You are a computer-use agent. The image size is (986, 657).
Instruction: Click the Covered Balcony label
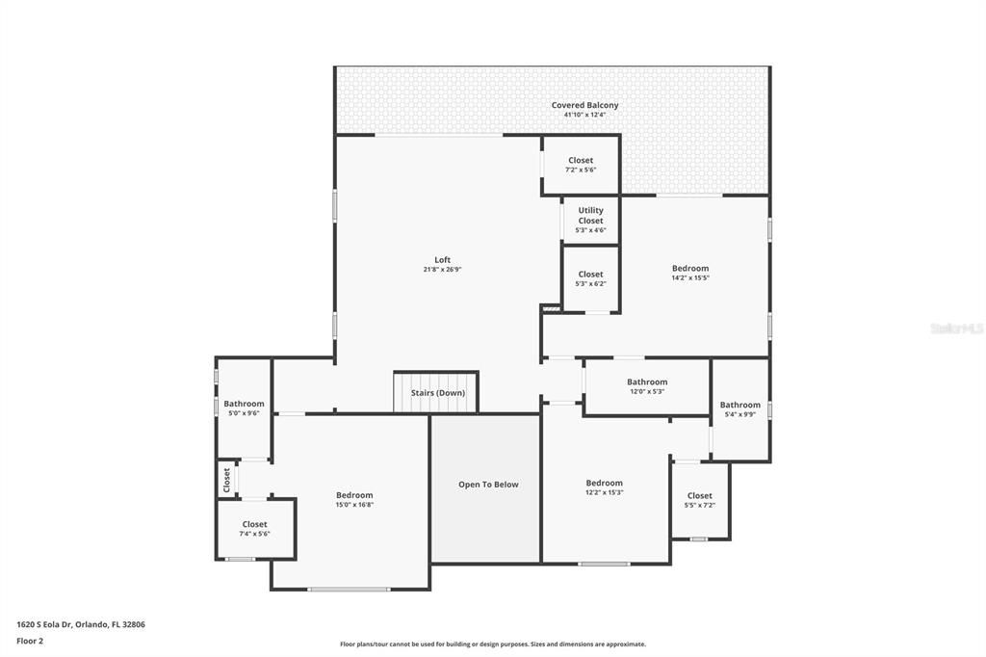(584, 105)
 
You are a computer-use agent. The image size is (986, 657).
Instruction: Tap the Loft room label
(442, 260)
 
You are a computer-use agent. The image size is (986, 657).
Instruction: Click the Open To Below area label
(488, 485)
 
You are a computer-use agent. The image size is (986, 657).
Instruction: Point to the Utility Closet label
(590, 215)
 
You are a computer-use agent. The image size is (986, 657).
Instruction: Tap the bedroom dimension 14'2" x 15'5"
(690, 278)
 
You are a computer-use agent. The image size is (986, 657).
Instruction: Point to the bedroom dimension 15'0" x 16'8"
(353, 505)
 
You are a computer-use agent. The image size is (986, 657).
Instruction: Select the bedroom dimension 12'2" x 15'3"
(605, 492)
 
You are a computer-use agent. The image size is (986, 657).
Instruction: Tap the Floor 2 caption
(30, 640)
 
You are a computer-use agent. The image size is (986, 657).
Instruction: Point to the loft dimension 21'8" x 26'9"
(442, 270)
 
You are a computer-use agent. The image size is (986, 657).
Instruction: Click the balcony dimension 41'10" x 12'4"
(584, 115)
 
